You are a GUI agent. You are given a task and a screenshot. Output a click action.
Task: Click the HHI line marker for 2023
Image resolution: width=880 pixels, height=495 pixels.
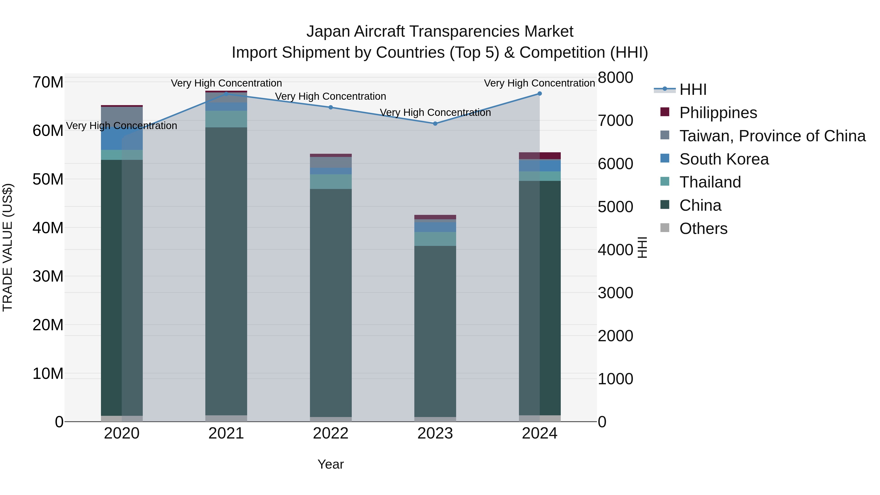pos(435,124)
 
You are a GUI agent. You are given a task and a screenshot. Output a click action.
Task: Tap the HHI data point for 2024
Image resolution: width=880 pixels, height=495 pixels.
pos(539,94)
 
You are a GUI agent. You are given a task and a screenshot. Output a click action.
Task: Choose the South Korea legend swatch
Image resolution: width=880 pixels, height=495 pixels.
pos(665,158)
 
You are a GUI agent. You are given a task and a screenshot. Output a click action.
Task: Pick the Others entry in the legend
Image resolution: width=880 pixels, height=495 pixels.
pos(703,229)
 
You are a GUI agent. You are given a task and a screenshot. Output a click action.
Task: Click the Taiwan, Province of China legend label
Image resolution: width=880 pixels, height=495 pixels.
pos(772,136)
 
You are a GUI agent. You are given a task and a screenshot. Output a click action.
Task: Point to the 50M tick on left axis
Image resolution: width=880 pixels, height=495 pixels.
pos(48,179)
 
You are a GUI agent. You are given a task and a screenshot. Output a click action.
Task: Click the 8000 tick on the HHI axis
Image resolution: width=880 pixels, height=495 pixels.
pos(615,77)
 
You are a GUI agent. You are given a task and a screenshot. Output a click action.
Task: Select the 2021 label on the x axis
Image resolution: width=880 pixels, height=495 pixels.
pos(226,433)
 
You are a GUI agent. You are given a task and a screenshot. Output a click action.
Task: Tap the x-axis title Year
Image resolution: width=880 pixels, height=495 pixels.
pos(330,464)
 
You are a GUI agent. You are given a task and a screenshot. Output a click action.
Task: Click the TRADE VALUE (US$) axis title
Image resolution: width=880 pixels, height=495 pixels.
pos(8,247)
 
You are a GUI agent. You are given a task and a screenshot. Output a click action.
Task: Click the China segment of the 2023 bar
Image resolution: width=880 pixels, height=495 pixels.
pos(435,331)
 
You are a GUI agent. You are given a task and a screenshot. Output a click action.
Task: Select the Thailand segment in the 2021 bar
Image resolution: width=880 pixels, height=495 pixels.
pos(226,119)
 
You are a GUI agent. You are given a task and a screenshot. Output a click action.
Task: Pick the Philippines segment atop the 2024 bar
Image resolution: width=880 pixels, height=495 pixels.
pos(539,156)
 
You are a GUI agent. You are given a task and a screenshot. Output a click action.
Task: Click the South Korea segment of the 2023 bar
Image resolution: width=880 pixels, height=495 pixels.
pos(435,227)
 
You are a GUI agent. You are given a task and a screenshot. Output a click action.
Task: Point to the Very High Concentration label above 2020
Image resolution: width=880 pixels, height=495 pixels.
pos(122,126)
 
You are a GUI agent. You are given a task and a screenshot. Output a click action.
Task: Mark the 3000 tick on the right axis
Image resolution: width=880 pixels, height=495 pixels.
pos(615,293)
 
